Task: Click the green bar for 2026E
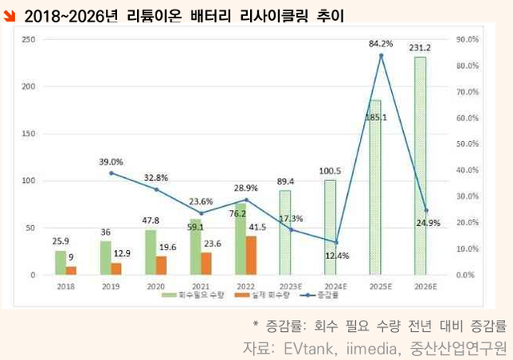[x=420, y=166]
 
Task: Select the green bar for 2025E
[x=375, y=188]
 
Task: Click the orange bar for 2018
[x=71, y=270]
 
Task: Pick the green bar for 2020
[x=150, y=252]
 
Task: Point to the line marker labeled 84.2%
[x=381, y=55]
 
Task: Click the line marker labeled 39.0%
[x=111, y=173]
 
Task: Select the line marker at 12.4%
[x=336, y=242]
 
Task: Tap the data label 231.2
[x=419, y=48]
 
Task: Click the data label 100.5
[x=329, y=171]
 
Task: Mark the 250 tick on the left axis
[x=27, y=39]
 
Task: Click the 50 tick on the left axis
[x=30, y=228]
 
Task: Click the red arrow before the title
[x=9, y=14]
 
